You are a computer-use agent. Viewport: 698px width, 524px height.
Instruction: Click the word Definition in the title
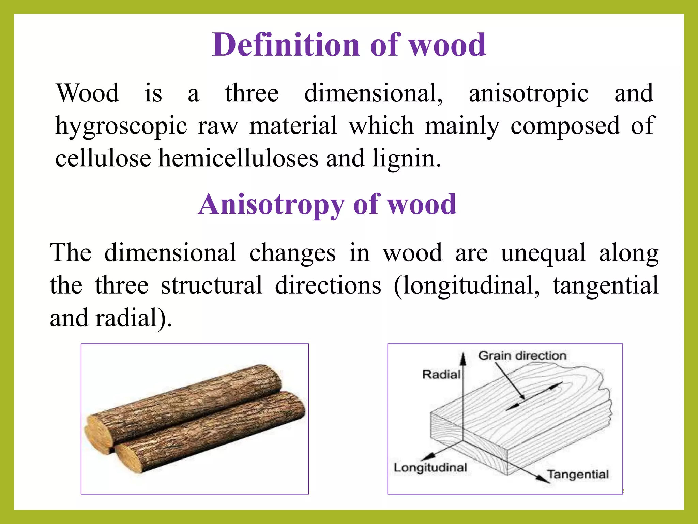click(286, 45)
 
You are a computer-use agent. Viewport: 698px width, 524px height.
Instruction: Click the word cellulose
click(103, 159)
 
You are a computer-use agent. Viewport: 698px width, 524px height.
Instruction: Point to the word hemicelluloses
click(238, 159)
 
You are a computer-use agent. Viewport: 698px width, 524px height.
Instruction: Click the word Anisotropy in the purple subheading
click(271, 205)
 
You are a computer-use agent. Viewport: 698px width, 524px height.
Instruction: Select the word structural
click(212, 286)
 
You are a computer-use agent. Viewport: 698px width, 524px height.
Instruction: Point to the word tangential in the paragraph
click(605, 286)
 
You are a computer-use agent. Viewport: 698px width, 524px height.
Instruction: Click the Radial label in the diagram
click(441, 375)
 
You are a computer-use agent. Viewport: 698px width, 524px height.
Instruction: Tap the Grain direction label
click(522, 356)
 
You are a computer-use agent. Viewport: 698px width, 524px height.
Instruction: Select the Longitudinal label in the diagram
click(430, 468)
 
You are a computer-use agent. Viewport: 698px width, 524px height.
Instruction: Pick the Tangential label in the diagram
click(578, 474)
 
